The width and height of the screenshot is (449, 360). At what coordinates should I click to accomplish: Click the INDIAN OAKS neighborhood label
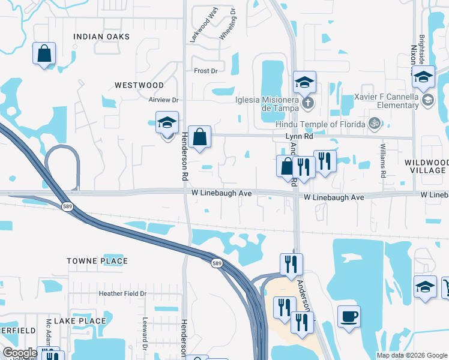click(101, 37)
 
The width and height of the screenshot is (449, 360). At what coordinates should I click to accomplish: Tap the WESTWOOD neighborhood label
click(139, 85)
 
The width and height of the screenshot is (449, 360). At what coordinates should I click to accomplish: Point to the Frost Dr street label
click(205, 71)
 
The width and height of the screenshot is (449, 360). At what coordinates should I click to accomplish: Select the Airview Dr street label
click(164, 100)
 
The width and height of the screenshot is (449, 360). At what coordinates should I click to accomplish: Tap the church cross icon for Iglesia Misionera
click(307, 103)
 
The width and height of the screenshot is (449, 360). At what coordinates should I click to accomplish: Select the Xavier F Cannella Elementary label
click(387, 101)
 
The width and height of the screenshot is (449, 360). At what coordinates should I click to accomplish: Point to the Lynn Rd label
click(300, 137)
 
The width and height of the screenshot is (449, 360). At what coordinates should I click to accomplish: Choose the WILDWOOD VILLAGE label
click(426, 166)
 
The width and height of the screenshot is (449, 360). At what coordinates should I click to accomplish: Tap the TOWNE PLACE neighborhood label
click(97, 261)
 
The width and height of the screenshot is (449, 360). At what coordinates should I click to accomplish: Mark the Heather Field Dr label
click(122, 293)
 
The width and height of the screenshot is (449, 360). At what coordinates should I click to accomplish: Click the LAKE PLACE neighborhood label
click(80, 321)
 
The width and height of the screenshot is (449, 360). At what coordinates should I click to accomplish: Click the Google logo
click(20, 353)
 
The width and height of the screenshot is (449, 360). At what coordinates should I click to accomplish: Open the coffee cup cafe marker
click(349, 316)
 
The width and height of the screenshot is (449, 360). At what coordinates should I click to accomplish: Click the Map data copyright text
click(411, 355)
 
